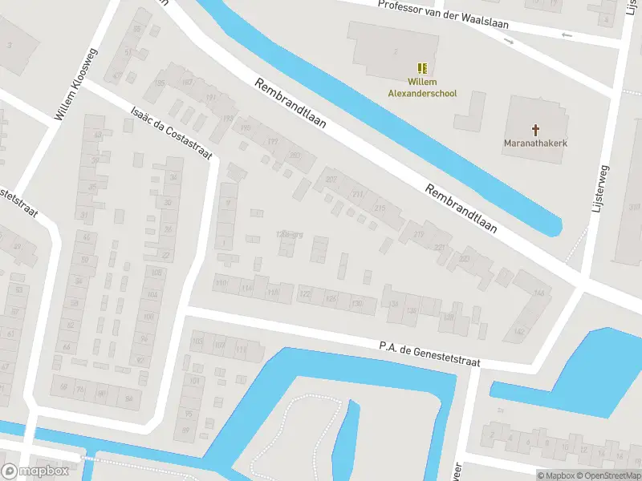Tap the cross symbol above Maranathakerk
pos(535,129)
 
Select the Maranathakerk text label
pos(535,144)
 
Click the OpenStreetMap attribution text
pos(608,475)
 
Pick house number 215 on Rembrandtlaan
pos(380,208)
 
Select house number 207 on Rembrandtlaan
pos(331,180)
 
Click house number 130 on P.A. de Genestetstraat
pos(357,304)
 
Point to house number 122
pos(305,295)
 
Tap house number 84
pos(128,397)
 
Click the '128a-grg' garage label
pos(288,234)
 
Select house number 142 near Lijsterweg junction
pos(520,331)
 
